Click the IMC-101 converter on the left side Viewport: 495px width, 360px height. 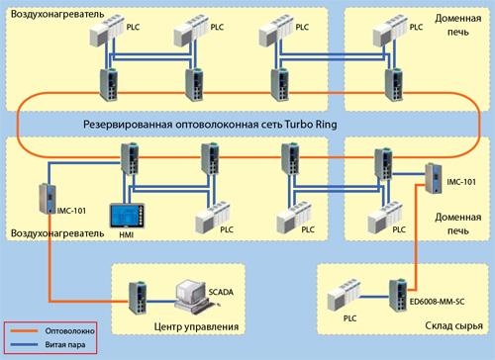pyautogui.click(x=44, y=198)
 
